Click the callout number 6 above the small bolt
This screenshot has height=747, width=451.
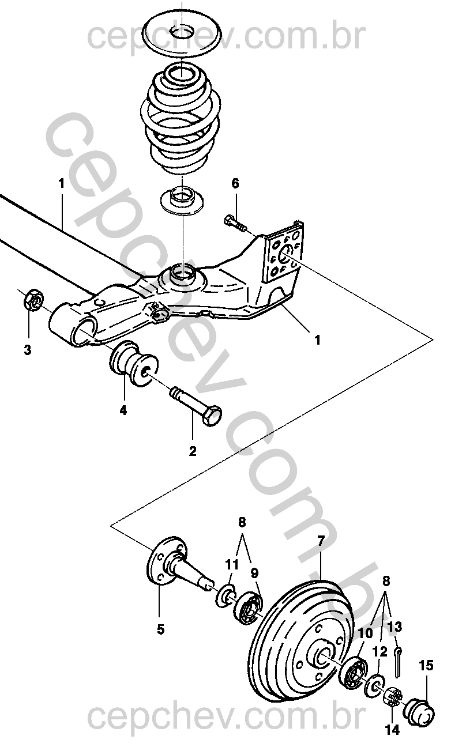(x=235, y=184)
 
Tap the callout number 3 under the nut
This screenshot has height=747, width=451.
(x=28, y=349)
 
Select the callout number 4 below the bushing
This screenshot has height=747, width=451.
(x=123, y=410)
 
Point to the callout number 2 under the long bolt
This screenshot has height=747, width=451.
(x=192, y=451)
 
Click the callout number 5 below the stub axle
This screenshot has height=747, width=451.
(x=160, y=629)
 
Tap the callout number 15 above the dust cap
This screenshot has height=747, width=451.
(x=426, y=666)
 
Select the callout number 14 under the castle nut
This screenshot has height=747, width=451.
(x=392, y=729)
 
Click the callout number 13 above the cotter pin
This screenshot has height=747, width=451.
(x=395, y=627)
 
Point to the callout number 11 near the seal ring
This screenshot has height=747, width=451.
(x=231, y=564)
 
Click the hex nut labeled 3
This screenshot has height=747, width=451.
(x=33, y=300)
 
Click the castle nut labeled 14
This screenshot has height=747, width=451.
(x=392, y=697)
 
